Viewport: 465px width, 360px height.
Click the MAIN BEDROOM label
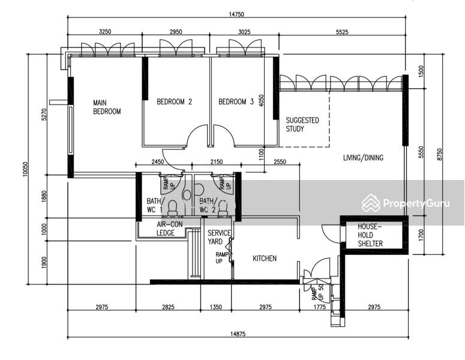point(107,107)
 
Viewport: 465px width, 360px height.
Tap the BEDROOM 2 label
point(175,102)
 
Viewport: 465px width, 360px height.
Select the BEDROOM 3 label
point(236,102)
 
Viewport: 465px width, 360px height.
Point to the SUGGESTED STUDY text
point(302,125)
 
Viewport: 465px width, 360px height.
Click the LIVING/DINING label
point(363,157)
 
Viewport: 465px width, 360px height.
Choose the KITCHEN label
point(265,258)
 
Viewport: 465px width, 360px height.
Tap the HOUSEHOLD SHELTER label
point(370,235)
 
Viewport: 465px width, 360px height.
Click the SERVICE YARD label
point(219,237)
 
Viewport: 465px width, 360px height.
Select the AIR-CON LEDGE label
point(169,229)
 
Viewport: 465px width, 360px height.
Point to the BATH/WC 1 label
point(154,205)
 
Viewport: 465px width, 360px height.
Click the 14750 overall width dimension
point(236,14)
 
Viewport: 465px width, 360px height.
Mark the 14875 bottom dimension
point(238,334)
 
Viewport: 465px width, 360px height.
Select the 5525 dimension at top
point(342,32)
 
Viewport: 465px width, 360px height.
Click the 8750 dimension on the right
point(439,155)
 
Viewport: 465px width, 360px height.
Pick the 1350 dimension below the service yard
point(215,307)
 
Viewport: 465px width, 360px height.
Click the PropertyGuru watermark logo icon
point(371,203)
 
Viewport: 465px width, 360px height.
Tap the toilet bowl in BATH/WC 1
point(173,208)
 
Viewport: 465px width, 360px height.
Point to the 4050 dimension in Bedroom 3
point(261,101)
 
